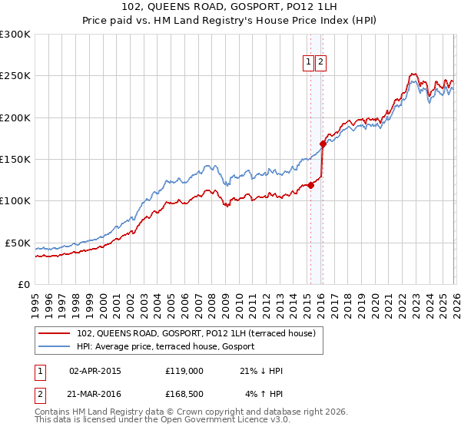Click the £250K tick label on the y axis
click(15, 76)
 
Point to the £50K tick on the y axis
click(18, 243)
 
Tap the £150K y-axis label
click(15, 159)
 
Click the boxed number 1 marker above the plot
click(308, 63)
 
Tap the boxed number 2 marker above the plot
click(320, 63)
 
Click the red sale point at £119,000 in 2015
click(311, 185)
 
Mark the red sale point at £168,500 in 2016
click(323, 144)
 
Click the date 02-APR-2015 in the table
click(95, 370)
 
